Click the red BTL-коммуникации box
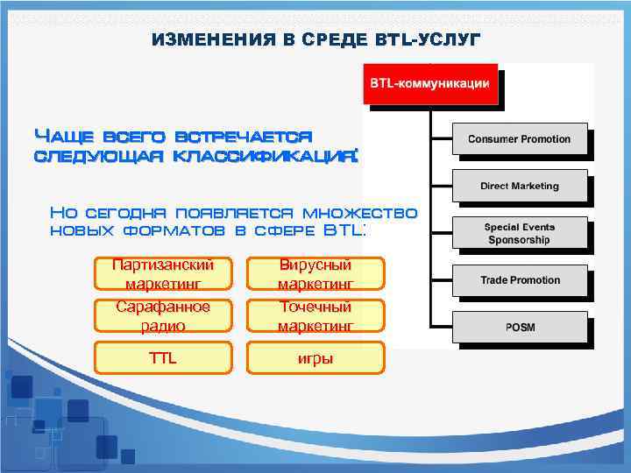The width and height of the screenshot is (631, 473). pos(429,84)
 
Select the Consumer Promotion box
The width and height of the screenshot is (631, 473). pos(519,139)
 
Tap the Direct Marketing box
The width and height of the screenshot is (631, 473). pos(519,186)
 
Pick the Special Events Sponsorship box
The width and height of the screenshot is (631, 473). pos(519,233)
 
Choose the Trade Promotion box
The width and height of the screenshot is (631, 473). pos(519,280)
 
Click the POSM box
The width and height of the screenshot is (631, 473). pos(519,328)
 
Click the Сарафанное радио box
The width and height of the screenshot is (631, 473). pos(163,316)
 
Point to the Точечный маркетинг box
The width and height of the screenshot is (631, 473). pos(315,316)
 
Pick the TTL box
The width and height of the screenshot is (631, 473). pos(163,357)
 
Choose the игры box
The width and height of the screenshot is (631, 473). pos(315,357)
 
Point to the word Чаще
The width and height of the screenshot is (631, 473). pos(65,136)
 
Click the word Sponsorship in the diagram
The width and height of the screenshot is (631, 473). pos(519,240)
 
